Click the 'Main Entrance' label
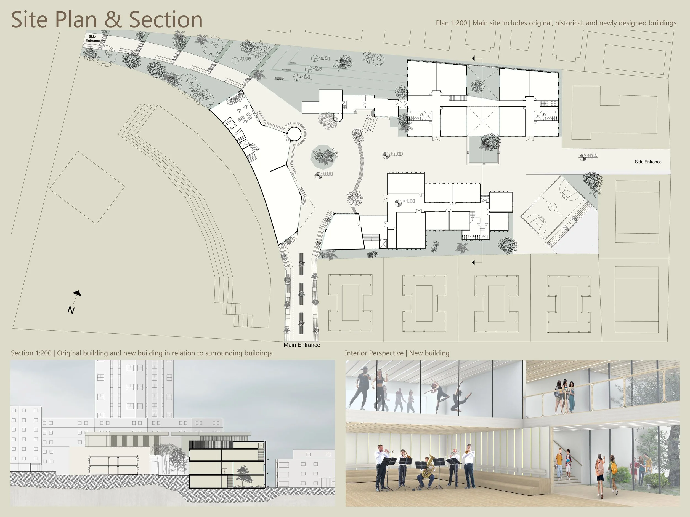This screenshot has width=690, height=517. point(302,345)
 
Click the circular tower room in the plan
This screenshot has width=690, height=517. point(294,134)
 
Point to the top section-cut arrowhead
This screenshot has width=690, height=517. point(474,58)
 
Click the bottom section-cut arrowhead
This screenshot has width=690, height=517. point(474,262)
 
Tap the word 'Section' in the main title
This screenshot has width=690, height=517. point(166,20)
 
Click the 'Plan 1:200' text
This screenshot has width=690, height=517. point(451,23)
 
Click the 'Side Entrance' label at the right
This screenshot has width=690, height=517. point(648,162)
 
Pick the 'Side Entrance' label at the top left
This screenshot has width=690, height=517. point(93,39)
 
